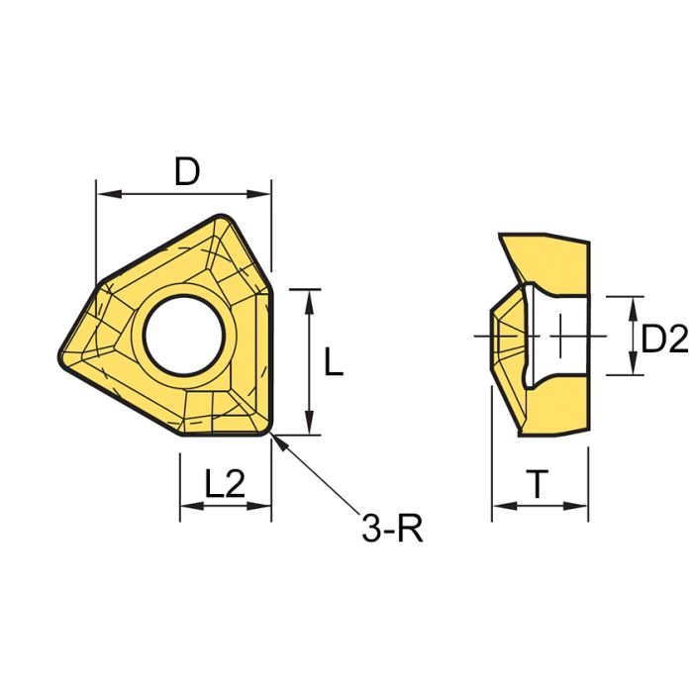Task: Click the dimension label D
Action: tap(187, 171)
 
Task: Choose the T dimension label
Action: tap(538, 484)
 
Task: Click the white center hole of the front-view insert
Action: tap(184, 331)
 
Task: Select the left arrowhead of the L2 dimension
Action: tap(186, 506)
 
